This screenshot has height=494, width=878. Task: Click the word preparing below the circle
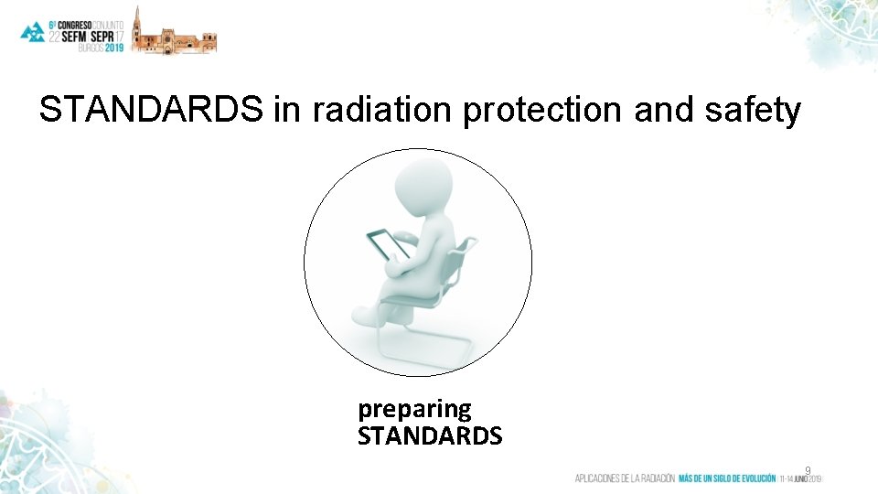pos(414,408)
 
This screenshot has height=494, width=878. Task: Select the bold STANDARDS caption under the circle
pos(430,436)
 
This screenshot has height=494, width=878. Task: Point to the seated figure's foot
pos(366,317)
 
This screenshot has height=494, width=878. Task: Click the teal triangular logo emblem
pos(33,33)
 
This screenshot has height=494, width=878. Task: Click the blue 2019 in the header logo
pos(113,48)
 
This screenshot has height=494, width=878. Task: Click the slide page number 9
pos(808,470)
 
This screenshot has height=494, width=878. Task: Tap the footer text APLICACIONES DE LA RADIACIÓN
pos(625,478)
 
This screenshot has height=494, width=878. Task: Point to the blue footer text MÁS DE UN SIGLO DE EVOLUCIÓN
pos(727,478)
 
